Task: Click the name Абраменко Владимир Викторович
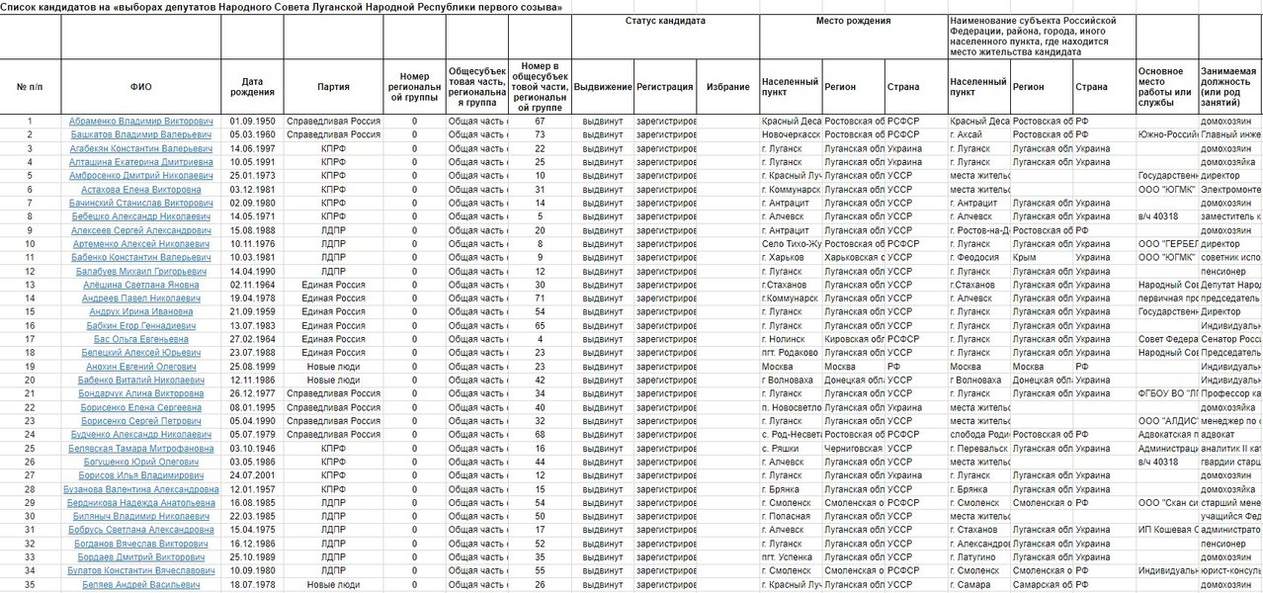(140, 122)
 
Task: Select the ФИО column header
(140, 86)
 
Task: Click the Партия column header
(333, 86)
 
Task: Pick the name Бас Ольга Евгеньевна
(140, 339)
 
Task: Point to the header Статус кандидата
(665, 21)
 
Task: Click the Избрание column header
(727, 86)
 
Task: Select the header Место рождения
(853, 21)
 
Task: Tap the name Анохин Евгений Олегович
(140, 367)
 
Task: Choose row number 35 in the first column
(30, 585)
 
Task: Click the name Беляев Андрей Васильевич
(140, 585)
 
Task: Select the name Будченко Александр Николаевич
(140, 434)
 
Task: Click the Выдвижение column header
(603, 86)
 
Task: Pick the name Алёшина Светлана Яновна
(140, 285)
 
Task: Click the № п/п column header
(30, 86)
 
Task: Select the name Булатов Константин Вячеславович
(140, 571)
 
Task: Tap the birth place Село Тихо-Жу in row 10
(791, 243)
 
